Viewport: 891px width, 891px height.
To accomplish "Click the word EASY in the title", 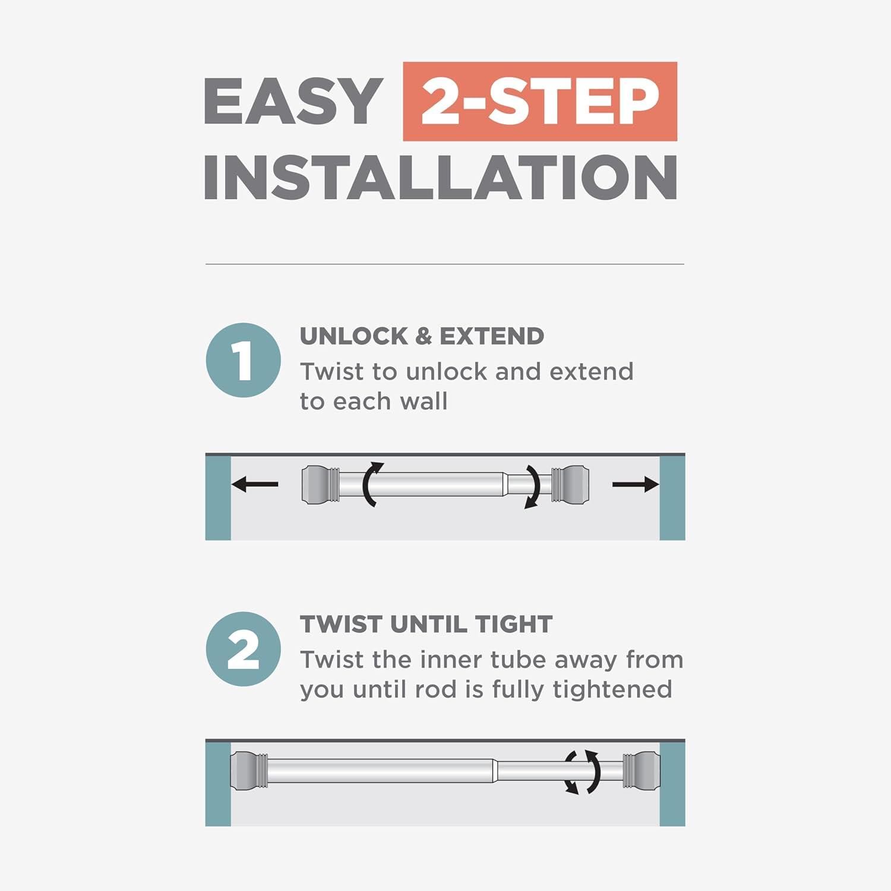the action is (x=293, y=101).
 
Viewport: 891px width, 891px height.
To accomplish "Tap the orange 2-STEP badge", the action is (x=540, y=101).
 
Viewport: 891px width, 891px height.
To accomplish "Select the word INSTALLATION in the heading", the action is (x=440, y=177).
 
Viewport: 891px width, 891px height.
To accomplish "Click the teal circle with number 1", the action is (x=244, y=360).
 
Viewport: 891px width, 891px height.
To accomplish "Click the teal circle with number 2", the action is (x=244, y=649).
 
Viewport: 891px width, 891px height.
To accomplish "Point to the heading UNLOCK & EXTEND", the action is (x=422, y=336).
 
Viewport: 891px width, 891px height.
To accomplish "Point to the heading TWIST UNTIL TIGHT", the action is (x=426, y=624).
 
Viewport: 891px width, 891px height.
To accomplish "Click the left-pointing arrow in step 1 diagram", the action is (x=255, y=485).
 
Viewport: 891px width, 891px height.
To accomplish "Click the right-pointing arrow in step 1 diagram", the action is (x=636, y=485).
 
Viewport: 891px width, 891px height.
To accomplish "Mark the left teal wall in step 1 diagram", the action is (x=218, y=498).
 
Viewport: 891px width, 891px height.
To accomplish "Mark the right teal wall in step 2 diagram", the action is (x=672, y=783).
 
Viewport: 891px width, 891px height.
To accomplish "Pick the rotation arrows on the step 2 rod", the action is (x=582, y=772).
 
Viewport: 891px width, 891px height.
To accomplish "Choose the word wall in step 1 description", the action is (x=424, y=402).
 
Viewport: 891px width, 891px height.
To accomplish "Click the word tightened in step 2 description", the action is (x=612, y=690).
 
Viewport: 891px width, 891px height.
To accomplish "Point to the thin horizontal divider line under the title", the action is (x=445, y=264).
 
